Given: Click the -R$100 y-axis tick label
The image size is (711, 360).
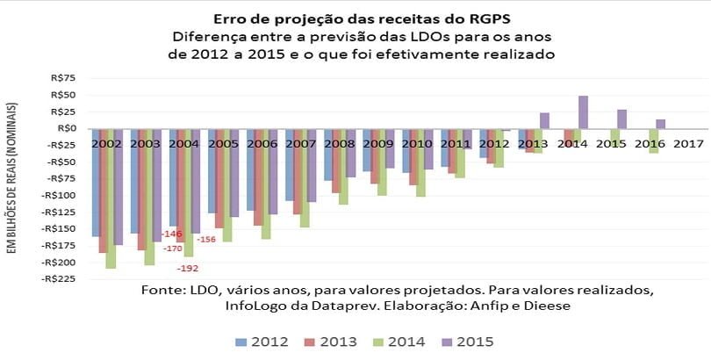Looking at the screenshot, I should (x=58, y=195).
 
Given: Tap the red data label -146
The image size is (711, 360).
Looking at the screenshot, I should (x=173, y=234).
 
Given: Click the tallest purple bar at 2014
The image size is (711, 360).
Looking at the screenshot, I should (x=583, y=112).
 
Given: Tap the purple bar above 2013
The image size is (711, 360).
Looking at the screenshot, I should (x=544, y=120).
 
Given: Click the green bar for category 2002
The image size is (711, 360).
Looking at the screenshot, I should (x=111, y=198).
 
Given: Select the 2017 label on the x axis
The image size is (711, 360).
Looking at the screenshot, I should (x=688, y=143).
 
